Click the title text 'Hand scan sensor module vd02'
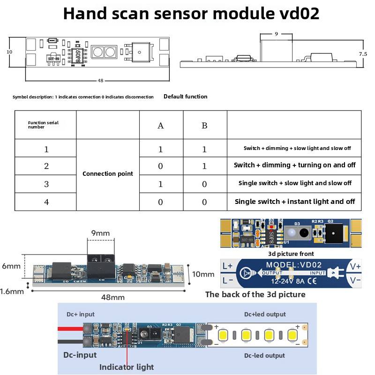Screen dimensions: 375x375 pyautogui.click(x=191, y=14)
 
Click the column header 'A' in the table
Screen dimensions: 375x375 pyautogui.click(x=161, y=126)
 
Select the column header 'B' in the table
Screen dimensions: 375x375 pyautogui.click(x=204, y=126)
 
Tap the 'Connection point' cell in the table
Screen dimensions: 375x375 pyautogui.click(x=108, y=173)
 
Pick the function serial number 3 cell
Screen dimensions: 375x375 pyautogui.click(x=46, y=184)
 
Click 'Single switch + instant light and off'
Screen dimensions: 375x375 pyautogui.click(x=294, y=202)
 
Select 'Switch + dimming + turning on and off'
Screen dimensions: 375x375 pyautogui.click(x=294, y=165)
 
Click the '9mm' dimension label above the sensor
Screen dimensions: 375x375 pyautogui.click(x=101, y=232)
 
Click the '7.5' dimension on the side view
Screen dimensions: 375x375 pyautogui.click(x=363, y=54)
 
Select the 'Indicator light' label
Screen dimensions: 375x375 pyautogui.click(x=126, y=367)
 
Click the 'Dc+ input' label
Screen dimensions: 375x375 pyautogui.click(x=80, y=314)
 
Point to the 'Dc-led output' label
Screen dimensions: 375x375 pyautogui.click(x=265, y=355)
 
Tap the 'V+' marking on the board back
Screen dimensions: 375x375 pyautogui.click(x=355, y=266)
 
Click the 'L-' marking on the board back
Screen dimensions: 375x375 pyautogui.click(x=227, y=280)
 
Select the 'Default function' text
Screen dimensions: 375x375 pyautogui.click(x=185, y=97)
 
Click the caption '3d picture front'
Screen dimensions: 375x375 pyautogui.click(x=291, y=253)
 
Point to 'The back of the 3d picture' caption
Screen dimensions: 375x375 pyautogui.click(x=255, y=294)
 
